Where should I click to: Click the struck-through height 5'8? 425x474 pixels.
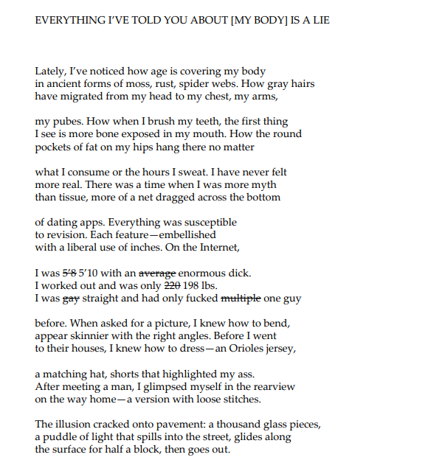(x=75, y=273)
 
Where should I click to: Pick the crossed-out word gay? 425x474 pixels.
(x=71, y=299)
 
